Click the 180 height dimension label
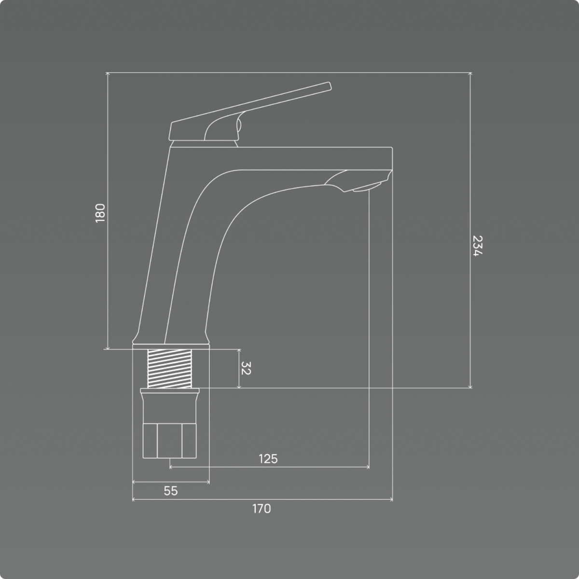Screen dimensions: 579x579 coord(100,213)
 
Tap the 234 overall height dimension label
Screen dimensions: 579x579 coord(478,246)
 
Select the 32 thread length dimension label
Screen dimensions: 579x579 coord(246,368)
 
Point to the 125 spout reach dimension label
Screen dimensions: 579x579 coord(268,459)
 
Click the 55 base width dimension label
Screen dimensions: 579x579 coord(171,491)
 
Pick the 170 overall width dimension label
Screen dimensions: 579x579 coord(262,509)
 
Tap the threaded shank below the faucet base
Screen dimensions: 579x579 coord(169,369)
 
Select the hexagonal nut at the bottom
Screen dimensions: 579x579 coord(169,441)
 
